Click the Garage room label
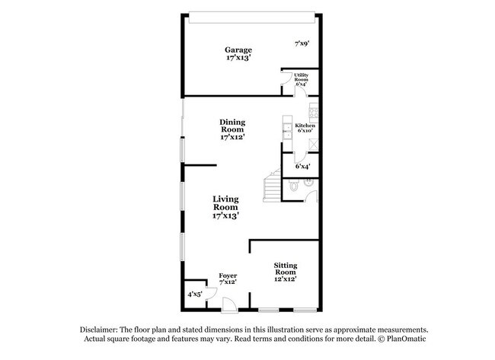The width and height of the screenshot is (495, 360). pos(238,53)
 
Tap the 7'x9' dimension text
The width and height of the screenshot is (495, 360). pos(302,43)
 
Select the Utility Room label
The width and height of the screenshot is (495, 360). pos(301,79)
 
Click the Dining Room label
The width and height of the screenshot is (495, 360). pos(233,129)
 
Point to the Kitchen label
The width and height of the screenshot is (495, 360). pos(305,128)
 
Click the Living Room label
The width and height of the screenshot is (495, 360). pos(225,207)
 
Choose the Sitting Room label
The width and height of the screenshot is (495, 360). pos(286,272)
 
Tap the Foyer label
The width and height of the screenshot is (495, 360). pos(228,279)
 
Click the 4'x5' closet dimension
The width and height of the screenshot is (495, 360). pos(195,295)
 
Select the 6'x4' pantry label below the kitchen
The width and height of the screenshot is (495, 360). pos(302,166)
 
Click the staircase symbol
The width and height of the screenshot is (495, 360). pos(272,186)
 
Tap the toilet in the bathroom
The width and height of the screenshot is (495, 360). pos(294,186)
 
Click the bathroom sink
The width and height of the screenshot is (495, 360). pos(308,182)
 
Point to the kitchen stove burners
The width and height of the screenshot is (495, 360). pos(314,113)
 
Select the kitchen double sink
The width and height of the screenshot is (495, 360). pos(288,131)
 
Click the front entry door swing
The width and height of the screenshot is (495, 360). pos(229,304)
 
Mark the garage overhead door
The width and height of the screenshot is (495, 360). pos(252,18)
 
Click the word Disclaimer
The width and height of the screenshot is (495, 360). pos(99,330)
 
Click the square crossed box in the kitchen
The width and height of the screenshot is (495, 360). pos(314,145)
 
